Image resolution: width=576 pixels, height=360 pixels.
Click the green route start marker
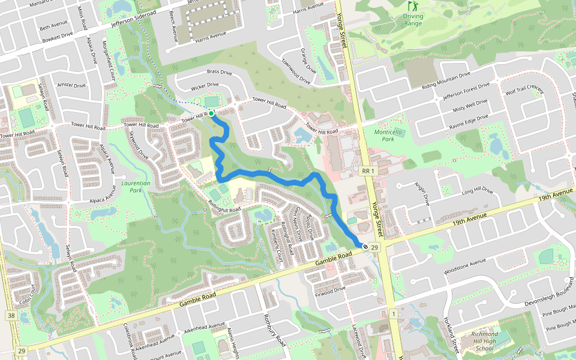[x=211, y=113]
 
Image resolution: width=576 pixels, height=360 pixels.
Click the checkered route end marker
[x=365, y=245]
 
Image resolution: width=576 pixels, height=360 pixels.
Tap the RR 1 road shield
[x=368, y=171]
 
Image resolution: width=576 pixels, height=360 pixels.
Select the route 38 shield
[x=11, y=316]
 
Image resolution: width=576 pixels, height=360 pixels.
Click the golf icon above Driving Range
[x=412, y=6]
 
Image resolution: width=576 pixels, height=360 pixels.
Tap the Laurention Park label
[x=133, y=186]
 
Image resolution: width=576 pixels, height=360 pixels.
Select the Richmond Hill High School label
[x=485, y=341]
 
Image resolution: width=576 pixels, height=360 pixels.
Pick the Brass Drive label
[x=219, y=72]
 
